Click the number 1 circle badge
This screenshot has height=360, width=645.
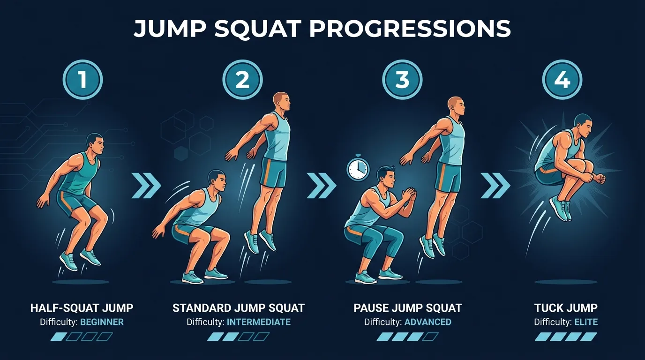pyautogui.click(x=82, y=80)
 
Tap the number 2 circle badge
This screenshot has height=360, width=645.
pyautogui.click(x=242, y=80)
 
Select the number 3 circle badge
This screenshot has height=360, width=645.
pyautogui.click(x=402, y=80)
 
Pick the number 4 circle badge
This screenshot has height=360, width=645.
pyautogui.click(x=562, y=80)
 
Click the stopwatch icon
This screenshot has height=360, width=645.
pyautogui.click(x=358, y=169)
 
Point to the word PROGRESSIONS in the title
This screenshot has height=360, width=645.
pyautogui.click(x=410, y=29)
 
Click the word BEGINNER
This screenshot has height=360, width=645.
pyautogui.click(x=102, y=322)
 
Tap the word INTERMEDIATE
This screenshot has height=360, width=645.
pyautogui.click(x=258, y=322)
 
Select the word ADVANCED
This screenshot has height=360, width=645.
pyautogui.click(x=427, y=322)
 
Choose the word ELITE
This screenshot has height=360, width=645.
pyautogui.click(x=585, y=322)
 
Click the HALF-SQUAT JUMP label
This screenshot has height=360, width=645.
pyautogui.click(x=82, y=308)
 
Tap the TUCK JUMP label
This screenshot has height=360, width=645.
pyautogui.click(x=566, y=308)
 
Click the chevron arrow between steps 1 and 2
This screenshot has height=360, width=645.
pyautogui.click(x=146, y=185)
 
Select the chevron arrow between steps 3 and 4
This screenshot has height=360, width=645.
pyautogui.click(x=495, y=185)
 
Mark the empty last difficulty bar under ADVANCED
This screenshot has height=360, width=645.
pyautogui.click(x=430, y=336)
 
